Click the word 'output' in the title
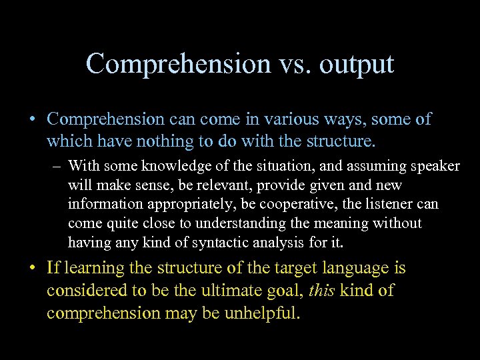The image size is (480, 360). (x=357, y=64)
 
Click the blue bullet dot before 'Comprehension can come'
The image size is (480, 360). (x=32, y=120)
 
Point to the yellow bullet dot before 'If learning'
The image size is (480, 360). (x=32, y=269)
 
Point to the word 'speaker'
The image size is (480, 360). (x=435, y=165)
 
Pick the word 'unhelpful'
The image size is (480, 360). (x=257, y=313)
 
